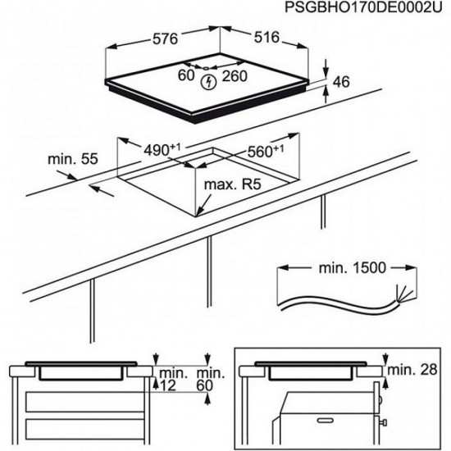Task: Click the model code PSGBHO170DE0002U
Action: point(363,7)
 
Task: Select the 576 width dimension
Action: point(165,39)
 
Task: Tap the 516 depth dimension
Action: point(266,37)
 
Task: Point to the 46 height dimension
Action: point(341,82)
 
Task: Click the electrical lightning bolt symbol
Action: point(208,83)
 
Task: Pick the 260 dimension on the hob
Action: point(235,76)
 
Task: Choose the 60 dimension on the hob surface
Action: point(186,75)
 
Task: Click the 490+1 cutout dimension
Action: point(162,149)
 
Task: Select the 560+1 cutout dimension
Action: point(266,152)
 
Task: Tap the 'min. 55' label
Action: point(73,159)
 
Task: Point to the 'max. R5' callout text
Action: point(232,184)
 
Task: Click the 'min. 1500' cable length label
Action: point(353,268)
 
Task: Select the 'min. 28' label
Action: point(412,370)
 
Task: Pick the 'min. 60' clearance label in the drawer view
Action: point(210,380)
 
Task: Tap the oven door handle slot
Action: point(326,421)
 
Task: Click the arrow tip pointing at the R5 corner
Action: point(197,216)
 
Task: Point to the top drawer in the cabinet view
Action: point(84,402)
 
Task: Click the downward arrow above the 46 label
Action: point(326,68)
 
